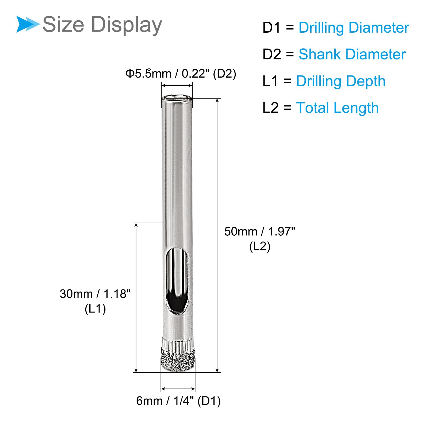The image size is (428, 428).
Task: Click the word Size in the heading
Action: point(63,24)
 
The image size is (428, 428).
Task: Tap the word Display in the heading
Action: point(127,25)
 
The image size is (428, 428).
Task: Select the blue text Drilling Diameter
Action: point(354,28)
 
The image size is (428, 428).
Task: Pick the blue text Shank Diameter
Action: point(352,54)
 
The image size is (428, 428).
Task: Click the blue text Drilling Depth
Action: point(341,81)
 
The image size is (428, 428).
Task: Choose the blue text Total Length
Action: point(337,108)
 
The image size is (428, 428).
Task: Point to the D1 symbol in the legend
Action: point(272,28)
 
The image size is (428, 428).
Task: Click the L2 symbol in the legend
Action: point(270,108)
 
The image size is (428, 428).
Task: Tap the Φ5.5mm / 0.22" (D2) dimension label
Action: point(181,74)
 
